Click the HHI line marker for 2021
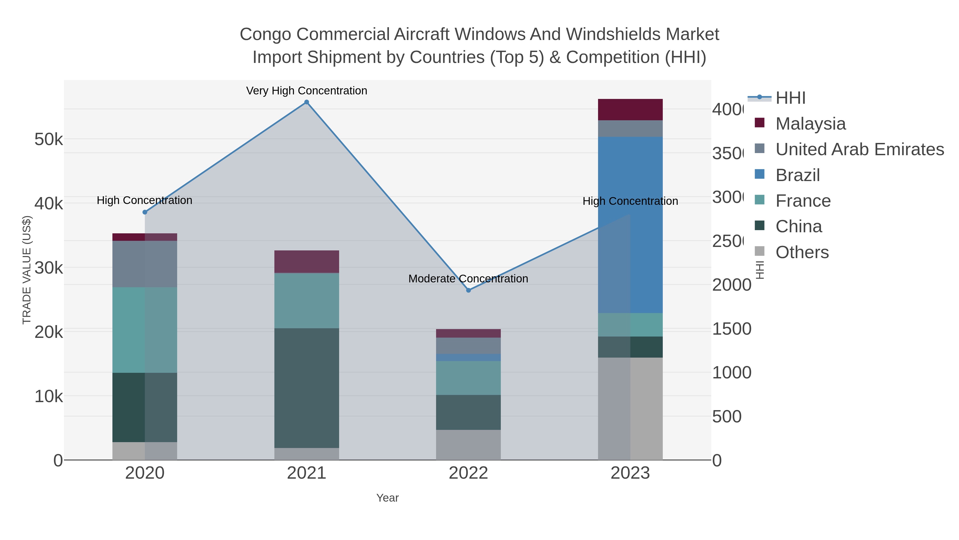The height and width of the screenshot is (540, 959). tap(306, 102)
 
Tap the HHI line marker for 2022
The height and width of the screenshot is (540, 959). tap(468, 290)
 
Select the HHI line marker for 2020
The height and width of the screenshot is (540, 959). tap(145, 212)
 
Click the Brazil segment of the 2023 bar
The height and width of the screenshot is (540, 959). tap(630, 225)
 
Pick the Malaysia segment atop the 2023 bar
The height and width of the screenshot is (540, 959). tap(630, 110)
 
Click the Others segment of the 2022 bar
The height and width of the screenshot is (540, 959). tap(468, 445)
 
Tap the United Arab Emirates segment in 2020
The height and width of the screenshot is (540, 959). tap(145, 264)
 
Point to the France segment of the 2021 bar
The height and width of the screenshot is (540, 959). tap(306, 300)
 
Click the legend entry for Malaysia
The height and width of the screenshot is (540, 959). tap(810, 124)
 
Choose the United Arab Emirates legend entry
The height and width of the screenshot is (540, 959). tap(859, 149)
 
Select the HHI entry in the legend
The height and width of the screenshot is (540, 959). tap(790, 98)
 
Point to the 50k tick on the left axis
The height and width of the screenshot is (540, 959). tap(48, 139)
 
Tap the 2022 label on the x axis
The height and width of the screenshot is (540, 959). tap(468, 473)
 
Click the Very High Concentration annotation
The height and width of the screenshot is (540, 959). tap(306, 91)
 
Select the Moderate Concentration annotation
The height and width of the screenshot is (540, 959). tap(468, 278)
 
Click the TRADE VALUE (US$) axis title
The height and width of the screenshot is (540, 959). tap(27, 270)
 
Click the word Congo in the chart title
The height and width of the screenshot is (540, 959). tap(265, 34)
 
